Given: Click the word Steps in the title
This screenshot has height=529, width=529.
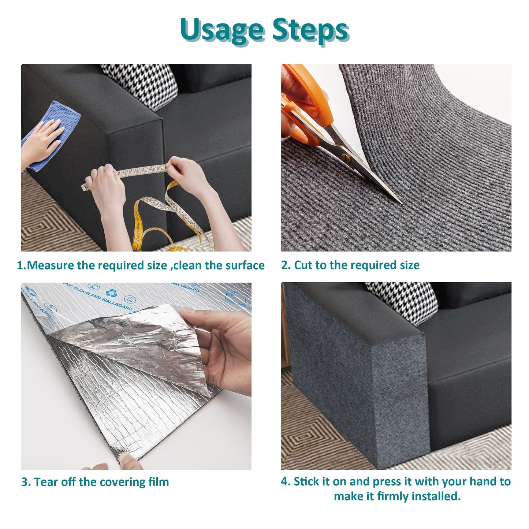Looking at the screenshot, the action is click(310, 30).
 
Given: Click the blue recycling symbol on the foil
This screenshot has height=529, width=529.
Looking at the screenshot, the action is click(111, 293).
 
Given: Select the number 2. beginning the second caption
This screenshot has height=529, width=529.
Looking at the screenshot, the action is click(286, 265).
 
